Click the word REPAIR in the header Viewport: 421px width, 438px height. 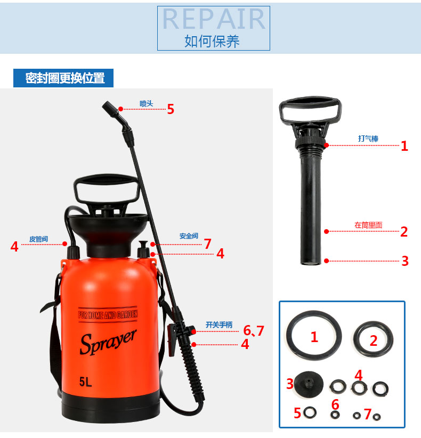214,19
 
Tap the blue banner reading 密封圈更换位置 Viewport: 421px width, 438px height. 63,78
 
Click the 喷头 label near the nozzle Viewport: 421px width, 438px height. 147,103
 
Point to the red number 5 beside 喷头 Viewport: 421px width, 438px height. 171,109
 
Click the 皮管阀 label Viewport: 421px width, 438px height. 38,239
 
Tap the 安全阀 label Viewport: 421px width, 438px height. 189,236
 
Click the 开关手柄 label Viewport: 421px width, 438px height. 219,325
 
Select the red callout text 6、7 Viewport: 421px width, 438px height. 254,331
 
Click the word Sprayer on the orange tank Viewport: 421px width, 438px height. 108,342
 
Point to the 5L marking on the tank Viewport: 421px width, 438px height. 85,382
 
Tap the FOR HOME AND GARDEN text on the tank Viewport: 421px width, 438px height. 108,314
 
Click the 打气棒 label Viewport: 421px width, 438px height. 368,139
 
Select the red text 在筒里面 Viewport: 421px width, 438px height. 368,225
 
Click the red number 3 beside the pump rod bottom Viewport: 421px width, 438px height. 405,261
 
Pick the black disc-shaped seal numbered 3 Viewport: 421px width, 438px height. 309,384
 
